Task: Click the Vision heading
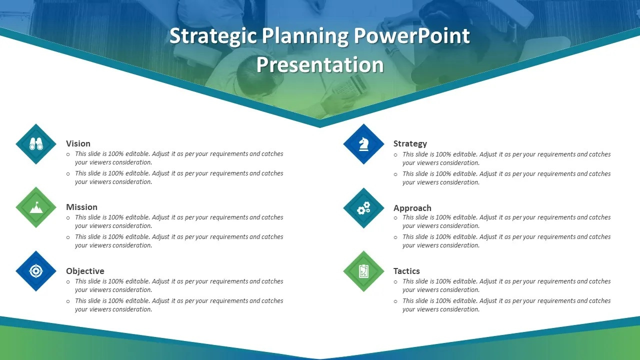(78, 143)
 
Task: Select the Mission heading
(81, 207)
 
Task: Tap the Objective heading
(85, 271)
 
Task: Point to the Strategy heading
(410, 143)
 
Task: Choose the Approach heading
(412, 208)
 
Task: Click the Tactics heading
(406, 271)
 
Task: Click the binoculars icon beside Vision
(36, 144)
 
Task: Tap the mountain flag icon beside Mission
(36, 207)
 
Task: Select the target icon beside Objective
(36, 271)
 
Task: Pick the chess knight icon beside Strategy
(363, 144)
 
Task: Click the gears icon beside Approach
(363, 208)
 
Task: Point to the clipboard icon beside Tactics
(363, 271)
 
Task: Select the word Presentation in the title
(320, 65)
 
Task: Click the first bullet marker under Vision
(68, 154)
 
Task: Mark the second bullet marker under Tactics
(396, 301)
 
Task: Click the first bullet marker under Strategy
(396, 155)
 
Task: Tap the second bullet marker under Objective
(68, 301)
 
